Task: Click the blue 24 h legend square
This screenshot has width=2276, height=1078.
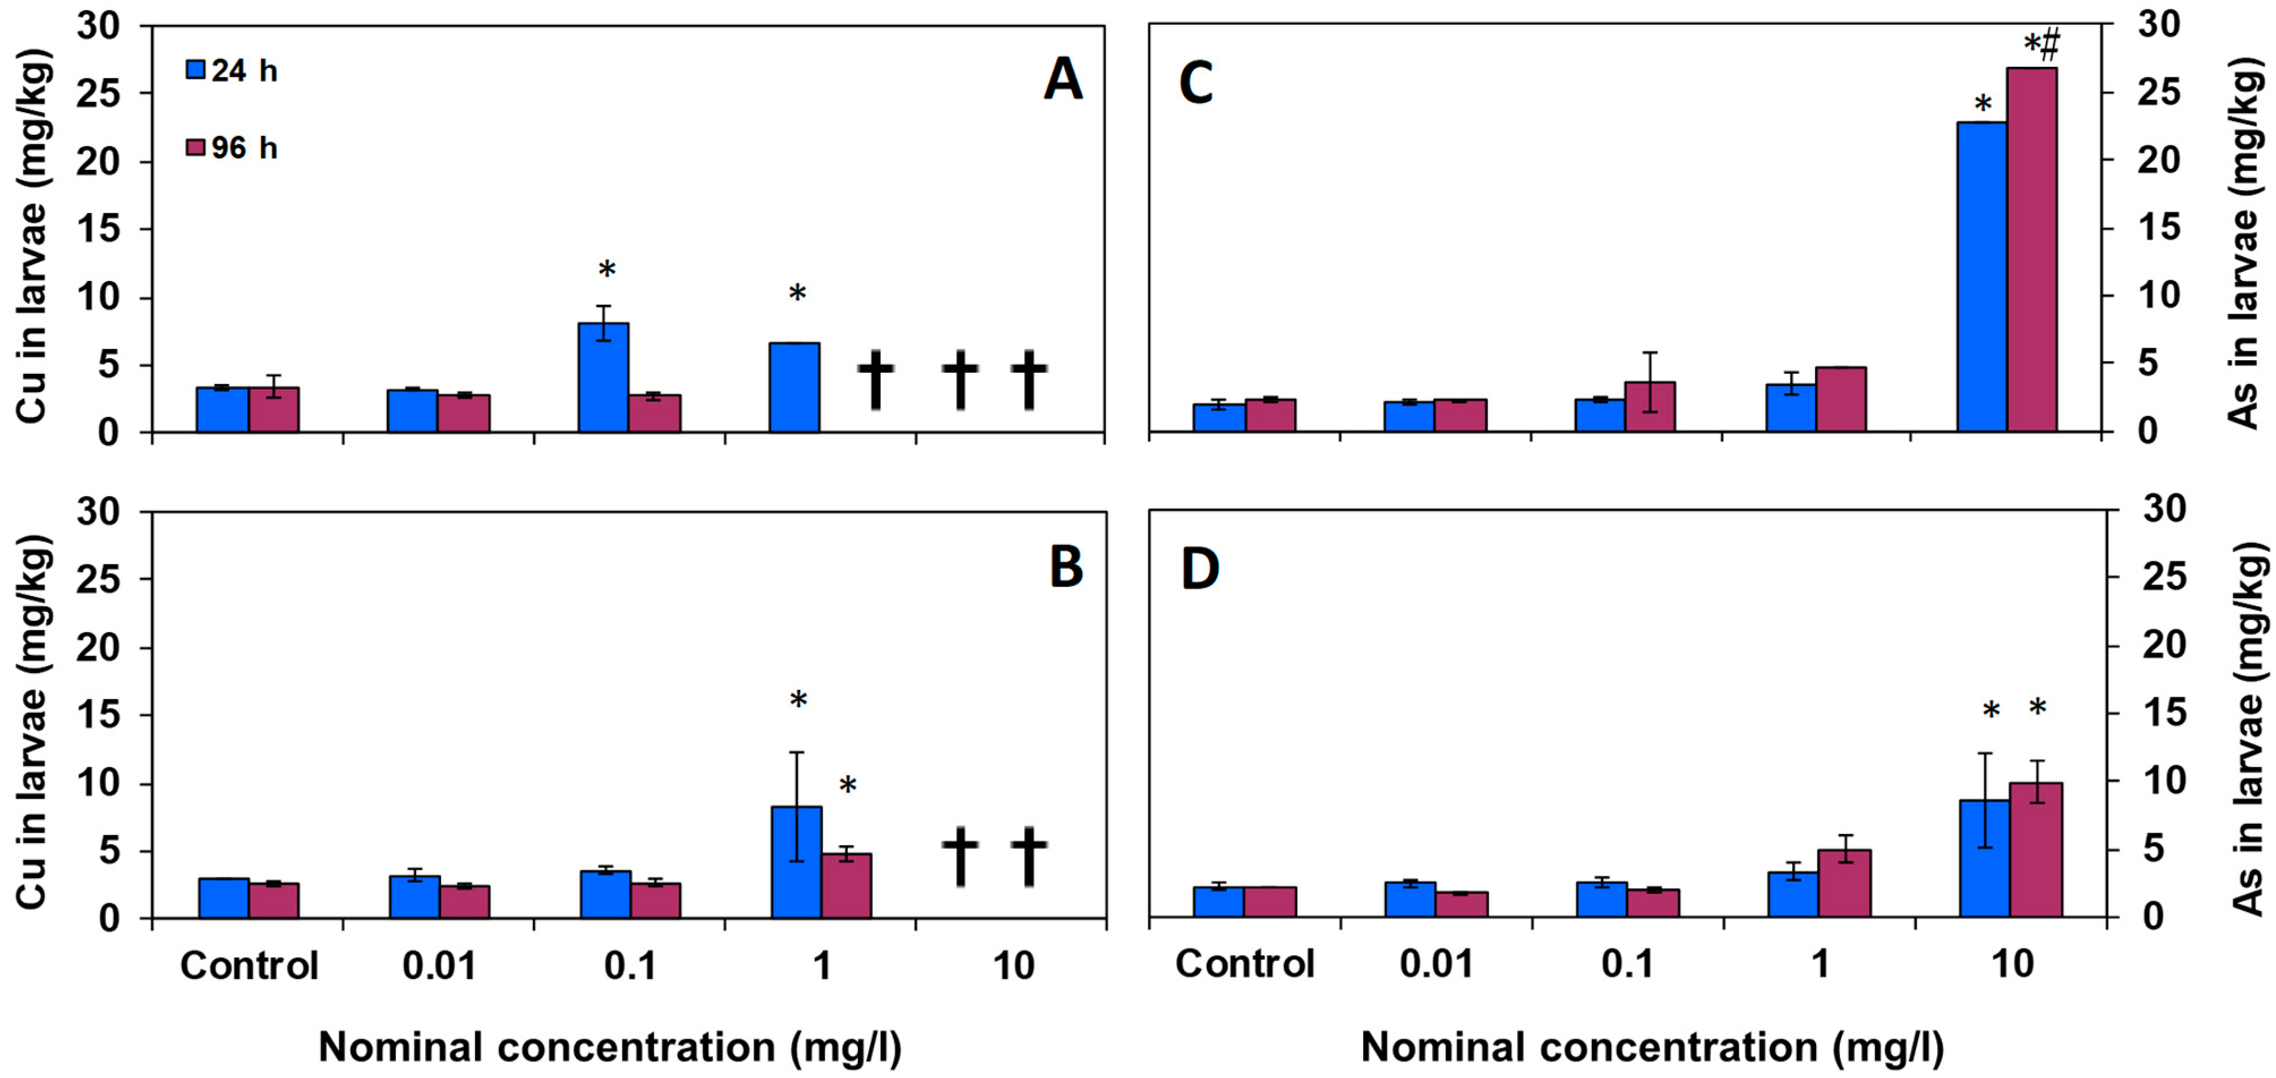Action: tap(195, 70)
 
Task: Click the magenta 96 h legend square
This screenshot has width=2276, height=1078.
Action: tap(195, 147)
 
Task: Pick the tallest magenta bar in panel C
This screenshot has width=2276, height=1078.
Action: tap(2032, 249)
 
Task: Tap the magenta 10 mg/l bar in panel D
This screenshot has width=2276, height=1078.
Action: tap(2036, 850)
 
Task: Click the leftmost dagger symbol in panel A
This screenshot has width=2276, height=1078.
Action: tap(876, 379)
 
